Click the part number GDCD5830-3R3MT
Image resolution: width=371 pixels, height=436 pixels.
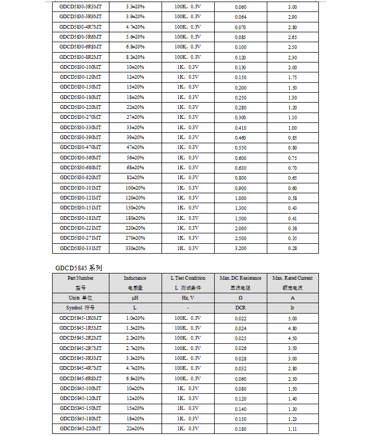tap(80, 7)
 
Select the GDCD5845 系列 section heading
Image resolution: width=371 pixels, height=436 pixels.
tap(78, 268)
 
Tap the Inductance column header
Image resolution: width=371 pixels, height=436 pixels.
tap(135, 278)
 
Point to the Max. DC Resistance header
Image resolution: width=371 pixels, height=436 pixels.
tap(240, 278)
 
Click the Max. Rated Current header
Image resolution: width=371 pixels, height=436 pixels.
tap(292, 278)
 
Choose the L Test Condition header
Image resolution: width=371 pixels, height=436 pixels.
tap(188, 278)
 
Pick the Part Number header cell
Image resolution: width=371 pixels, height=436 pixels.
tap(80, 278)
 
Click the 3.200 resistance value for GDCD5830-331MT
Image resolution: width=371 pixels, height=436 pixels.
tap(240, 248)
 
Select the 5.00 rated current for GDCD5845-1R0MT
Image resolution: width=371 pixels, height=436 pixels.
tap(292, 318)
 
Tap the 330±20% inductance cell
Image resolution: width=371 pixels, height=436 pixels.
tap(135, 248)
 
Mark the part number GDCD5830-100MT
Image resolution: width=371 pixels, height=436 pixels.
tap(80, 67)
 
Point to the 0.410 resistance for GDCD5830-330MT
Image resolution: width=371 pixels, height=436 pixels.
tap(240, 128)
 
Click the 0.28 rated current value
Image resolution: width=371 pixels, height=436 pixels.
tap(292, 248)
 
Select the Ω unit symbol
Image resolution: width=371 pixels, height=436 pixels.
tap(240, 298)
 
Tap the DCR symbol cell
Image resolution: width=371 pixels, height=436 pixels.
tap(240, 308)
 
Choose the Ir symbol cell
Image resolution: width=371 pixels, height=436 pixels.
tap(292, 308)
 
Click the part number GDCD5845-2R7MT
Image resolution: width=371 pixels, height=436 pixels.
tap(80, 348)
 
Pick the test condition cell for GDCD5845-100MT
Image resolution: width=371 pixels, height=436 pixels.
tap(188, 389)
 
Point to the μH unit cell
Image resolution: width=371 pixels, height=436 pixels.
tap(135, 298)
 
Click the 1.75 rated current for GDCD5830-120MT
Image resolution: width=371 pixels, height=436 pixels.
tap(292, 77)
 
